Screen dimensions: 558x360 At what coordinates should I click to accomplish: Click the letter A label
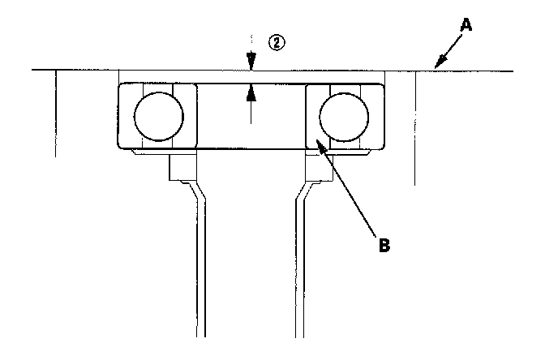[466, 25]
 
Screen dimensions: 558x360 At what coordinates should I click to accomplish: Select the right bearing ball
[343, 116]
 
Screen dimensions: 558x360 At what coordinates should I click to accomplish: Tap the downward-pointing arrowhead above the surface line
[252, 64]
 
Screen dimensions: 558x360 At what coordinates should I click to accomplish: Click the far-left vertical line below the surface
[56, 114]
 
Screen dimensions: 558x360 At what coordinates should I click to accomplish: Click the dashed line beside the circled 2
[252, 45]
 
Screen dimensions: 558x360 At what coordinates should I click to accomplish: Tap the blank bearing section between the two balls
[251, 130]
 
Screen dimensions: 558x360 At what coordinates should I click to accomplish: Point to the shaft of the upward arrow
[252, 109]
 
